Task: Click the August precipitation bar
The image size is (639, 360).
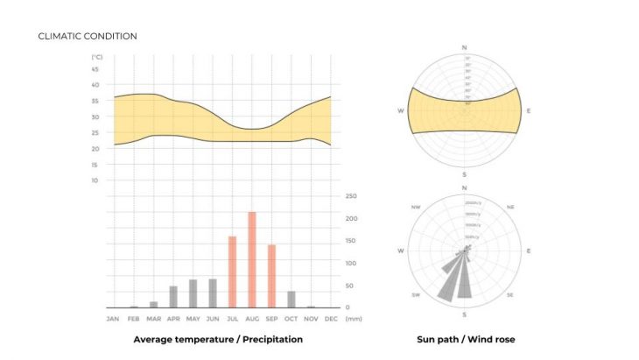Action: [252, 259]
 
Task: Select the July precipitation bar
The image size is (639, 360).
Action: [233, 272]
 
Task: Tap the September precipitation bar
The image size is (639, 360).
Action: [271, 276]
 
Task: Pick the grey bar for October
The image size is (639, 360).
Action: [291, 300]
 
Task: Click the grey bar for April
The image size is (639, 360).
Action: [173, 297]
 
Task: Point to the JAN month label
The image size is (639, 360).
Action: [113, 319]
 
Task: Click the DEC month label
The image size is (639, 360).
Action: [331, 319]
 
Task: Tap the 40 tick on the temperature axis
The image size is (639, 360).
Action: [95, 85]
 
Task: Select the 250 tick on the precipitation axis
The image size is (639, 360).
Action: [351, 197]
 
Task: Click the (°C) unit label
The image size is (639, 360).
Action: [95, 57]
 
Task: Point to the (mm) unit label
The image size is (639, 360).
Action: [354, 319]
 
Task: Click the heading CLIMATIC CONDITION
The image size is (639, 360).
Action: [88, 36]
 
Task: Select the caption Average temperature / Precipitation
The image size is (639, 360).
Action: [218, 339]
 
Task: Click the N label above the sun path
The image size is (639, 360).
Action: [465, 46]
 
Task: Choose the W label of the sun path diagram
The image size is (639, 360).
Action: [401, 111]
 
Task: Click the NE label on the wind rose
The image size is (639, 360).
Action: [510, 207]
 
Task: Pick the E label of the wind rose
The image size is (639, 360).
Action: [529, 251]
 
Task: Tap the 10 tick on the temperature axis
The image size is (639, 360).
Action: [95, 180]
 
